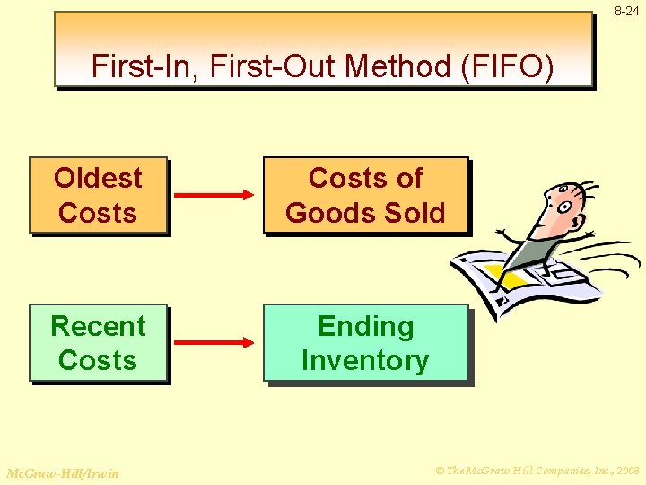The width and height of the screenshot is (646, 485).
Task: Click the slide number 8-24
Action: [627, 11]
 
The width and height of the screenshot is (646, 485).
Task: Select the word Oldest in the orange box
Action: [98, 178]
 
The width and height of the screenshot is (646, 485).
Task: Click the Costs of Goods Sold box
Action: [365, 196]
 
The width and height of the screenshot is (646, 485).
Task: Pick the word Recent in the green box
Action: [98, 325]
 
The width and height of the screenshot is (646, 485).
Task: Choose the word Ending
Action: [365, 325]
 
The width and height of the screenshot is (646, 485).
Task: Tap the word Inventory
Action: [365, 361]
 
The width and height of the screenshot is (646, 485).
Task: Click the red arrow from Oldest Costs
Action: [214, 195]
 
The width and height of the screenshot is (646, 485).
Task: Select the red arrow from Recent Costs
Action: [214, 342]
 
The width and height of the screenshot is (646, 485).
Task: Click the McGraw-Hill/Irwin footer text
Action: [62, 472]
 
